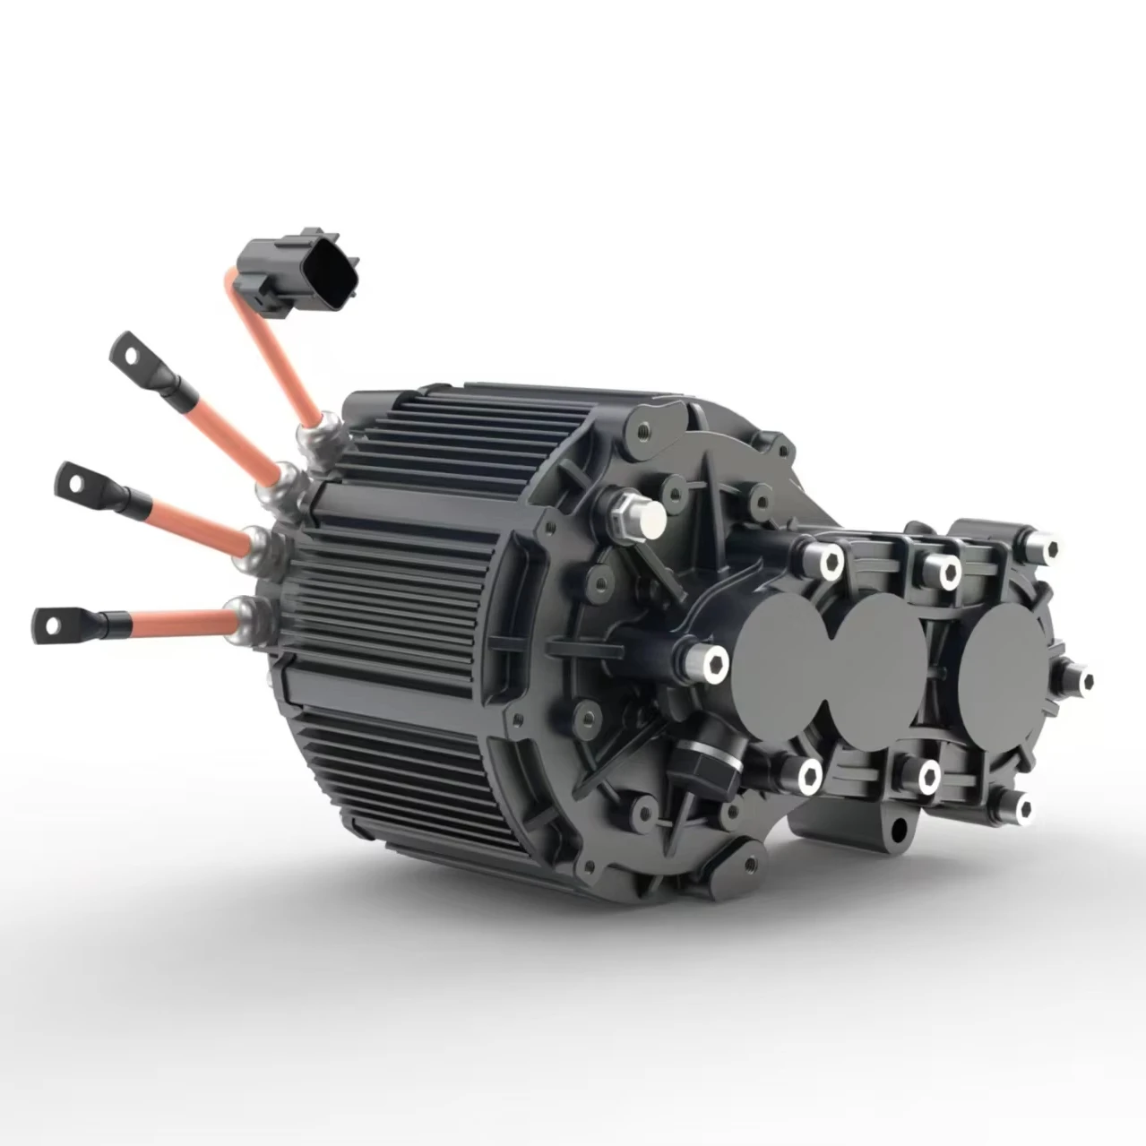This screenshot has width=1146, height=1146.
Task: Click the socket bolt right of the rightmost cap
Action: click(x=1075, y=676)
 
